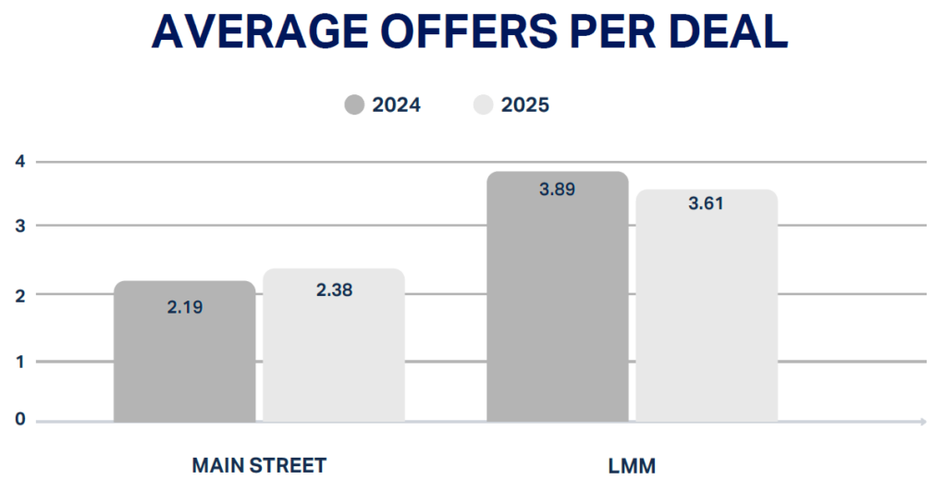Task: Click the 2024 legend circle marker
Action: click(x=355, y=105)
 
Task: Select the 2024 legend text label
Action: click(x=397, y=105)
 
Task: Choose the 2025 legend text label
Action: click(x=525, y=105)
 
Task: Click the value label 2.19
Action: click(x=185, y=307)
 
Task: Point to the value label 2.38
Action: click(x=334, y=290)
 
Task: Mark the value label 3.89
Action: click(x=557, y=190)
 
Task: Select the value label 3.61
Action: click(x=707, y=203)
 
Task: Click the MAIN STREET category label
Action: click(x=259, y=464)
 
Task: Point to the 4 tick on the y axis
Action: click(x=18, y=162)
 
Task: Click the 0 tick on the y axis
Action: click(x=18, y=422)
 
